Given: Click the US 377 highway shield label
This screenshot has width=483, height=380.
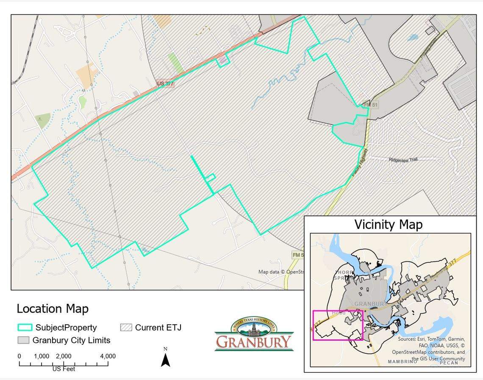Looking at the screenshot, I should click(165, 84).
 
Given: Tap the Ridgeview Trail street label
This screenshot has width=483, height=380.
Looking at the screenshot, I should click(403, 160).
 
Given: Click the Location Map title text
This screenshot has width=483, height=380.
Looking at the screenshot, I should click(53, 309).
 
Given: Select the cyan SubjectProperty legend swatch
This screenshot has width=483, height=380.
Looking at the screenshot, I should click(25, 328).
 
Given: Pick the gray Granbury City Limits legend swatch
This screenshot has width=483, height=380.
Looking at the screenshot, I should click(23, 340).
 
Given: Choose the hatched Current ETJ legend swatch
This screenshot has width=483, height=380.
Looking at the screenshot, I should click(126, 328).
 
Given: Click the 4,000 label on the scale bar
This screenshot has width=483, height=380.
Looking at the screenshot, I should click(108, 356).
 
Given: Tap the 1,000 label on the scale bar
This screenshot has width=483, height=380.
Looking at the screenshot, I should click(42, 356).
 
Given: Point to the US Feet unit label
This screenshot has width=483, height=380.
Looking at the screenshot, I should click(64, 369).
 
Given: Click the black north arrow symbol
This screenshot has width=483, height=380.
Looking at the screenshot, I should click(166, 360).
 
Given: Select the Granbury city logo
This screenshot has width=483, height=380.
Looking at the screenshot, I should click(254, 334).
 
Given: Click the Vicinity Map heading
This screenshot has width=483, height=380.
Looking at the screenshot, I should click(388, 224).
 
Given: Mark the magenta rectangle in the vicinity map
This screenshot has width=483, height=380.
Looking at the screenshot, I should click(338, 325).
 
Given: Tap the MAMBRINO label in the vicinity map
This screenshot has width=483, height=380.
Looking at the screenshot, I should click(402, 362).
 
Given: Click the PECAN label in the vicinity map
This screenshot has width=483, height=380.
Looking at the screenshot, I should click(449, 363).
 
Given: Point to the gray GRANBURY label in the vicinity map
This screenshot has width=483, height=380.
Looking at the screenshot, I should click(370, 304).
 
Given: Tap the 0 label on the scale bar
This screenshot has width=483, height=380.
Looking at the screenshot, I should click(19, 356).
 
